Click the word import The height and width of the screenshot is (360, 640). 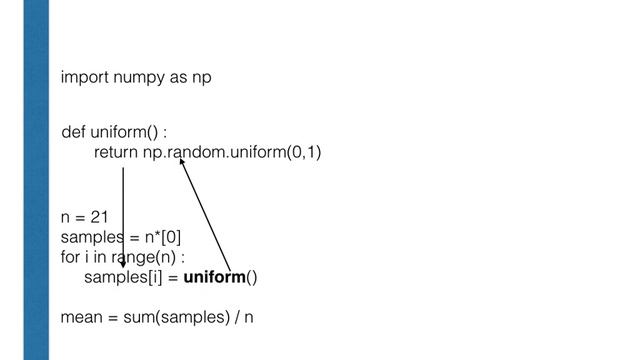click(83, 77)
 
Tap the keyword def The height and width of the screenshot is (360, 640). click(73, 133)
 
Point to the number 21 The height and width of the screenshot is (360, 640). click(99, 216)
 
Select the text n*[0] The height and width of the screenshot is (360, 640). click(157, 236)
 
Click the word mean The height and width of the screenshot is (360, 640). click(80, 318)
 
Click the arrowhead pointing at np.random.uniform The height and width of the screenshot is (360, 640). click(182, 161)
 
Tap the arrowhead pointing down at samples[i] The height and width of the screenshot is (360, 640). click(123, 266)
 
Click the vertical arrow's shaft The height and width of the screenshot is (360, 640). click(123, 210)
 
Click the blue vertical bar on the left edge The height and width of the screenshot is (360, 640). click(38, 180)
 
